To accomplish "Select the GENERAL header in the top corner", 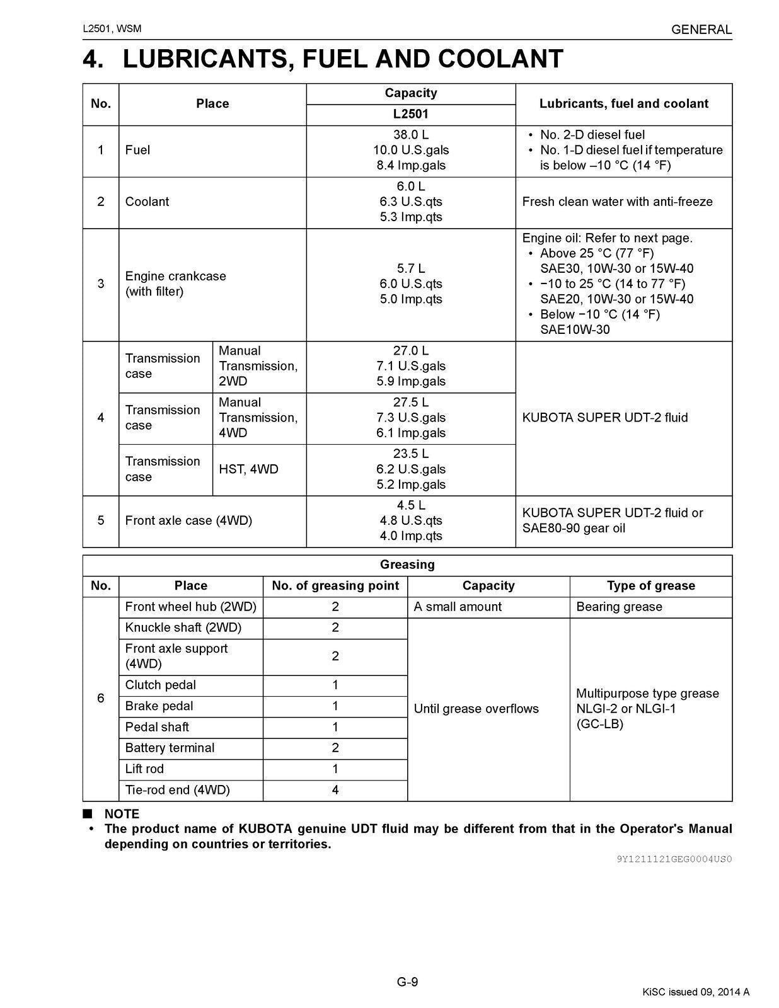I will [x=701, y=30].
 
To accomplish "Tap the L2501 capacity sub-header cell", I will [x=410, y=114].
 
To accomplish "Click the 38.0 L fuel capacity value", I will [x=410, y=135].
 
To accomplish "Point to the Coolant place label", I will [x=147, y=202].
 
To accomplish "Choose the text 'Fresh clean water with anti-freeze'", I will [x=617, y=202].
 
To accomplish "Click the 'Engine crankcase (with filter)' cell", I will [x=175, y=283].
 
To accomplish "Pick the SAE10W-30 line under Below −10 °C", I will [x=575, y=329].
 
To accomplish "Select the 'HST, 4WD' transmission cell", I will [x=248, y=469].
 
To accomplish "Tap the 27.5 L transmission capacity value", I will [x=410, y=403].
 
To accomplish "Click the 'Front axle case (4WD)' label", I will [x=188, y=520].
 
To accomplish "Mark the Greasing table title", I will [x=407, y=564].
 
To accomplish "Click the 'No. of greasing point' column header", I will [x=335, y=586].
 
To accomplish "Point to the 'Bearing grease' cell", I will [x=619, y=607].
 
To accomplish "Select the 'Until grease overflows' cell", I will [x=476, y=709].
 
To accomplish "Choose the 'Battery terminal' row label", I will [x=170, y=748].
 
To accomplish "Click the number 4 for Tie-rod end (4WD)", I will [x=335, y=790].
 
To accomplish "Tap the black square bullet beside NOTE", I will [x=88, y=813].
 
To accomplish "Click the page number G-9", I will [x=407, y=982].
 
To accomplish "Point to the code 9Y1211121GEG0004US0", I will [x=674, y=859].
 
